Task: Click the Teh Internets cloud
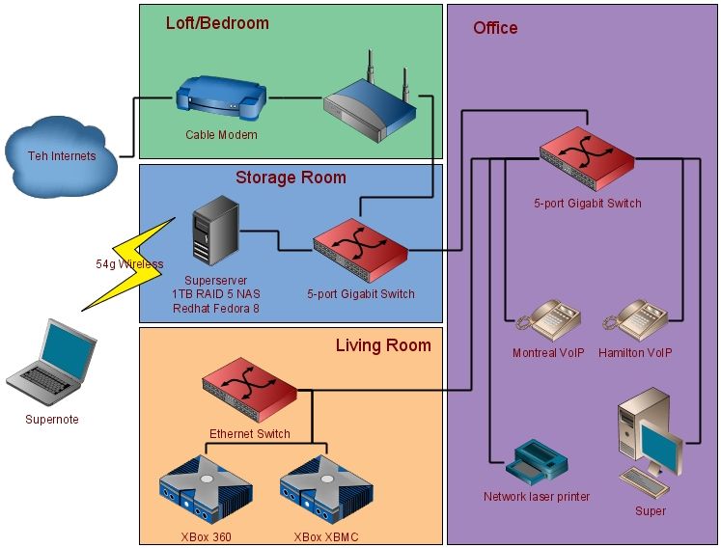(61, 154)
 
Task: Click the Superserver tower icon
(215, 230)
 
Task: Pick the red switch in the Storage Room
(360, 247)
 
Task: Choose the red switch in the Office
(588, 158)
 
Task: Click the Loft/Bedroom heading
(217, 22)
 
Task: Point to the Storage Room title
(291, 178)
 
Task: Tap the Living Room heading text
(383, 344)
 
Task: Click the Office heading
(495, 28)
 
